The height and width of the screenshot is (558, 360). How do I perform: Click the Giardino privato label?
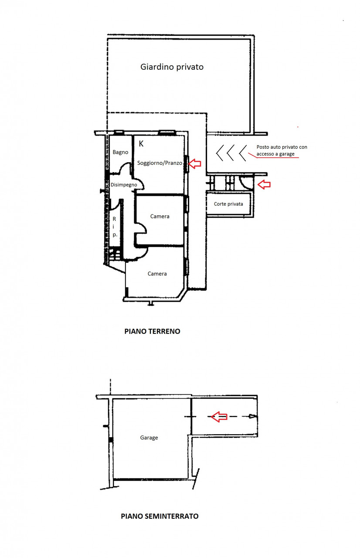click(172, 67)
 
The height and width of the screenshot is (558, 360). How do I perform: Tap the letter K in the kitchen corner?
click(141, 144)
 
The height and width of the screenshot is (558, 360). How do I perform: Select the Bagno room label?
click(120, 152)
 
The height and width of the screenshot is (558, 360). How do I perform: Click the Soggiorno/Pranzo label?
click(160, 163)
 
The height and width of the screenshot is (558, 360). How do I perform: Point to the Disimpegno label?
click(124, 185)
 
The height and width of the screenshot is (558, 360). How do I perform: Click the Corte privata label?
click(228, 204)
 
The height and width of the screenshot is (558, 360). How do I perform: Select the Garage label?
click(149, 438)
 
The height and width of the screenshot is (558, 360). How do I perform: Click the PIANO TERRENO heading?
click(152, 331)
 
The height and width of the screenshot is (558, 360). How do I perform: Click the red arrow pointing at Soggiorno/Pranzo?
click(194, 163)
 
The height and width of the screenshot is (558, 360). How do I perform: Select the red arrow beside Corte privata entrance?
click(264, 184)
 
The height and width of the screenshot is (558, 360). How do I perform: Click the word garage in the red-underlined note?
click(287, 154)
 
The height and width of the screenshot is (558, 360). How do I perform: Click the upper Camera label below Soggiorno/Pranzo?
click(160, 217)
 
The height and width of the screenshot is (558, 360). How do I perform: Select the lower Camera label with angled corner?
click(157, 274)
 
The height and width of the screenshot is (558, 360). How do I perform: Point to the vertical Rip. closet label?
click(114, 227)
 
